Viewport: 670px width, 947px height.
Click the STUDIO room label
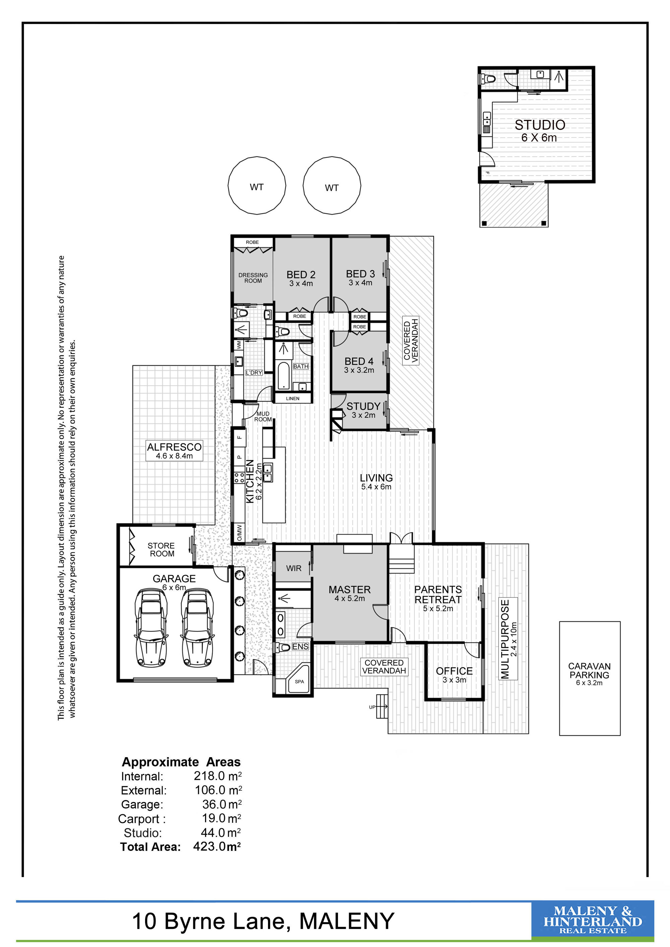point(540,125)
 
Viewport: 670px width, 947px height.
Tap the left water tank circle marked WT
point(257,185)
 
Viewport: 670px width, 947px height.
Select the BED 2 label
point(301,274)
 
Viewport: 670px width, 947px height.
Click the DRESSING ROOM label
point(253,278)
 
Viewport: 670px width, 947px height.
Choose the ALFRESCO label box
point(174,451)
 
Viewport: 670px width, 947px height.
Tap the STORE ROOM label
point(161,550)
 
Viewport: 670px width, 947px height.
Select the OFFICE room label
point(454,671)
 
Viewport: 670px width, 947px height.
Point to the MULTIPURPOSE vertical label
point(505,639)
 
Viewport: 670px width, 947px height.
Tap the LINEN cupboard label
point(292,398)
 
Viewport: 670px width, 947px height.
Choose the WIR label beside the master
point(294,568)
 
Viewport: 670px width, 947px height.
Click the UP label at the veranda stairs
point(372,707)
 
